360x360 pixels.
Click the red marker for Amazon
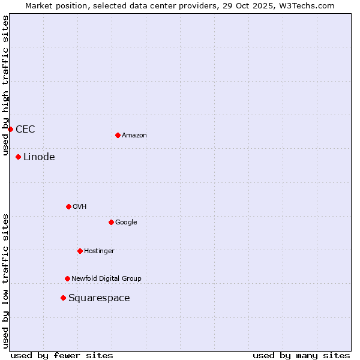coord(118,135)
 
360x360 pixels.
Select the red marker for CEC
coord(10,129)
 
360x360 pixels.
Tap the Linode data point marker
coord(18,157)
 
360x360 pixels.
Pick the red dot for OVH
coord(68,206)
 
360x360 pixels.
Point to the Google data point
coord(111,222)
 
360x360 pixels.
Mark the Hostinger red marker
coord(80,251)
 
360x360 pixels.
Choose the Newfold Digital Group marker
coord(67,278)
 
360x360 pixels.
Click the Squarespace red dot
coord(63,298)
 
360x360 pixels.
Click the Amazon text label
coord(134,135)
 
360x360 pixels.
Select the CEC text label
coord(25,129)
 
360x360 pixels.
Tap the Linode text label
coord(39,157)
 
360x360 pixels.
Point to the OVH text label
coord(80,206)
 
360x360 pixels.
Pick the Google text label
coord(126,222)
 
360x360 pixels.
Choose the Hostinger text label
coord(99,251)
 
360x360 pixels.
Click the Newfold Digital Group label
coord(106,278)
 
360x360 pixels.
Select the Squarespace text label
coord(99,298)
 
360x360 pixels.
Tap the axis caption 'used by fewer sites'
coord(62,355)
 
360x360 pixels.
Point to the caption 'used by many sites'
coord(301,355)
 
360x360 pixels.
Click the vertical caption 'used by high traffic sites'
coord(6,85)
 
